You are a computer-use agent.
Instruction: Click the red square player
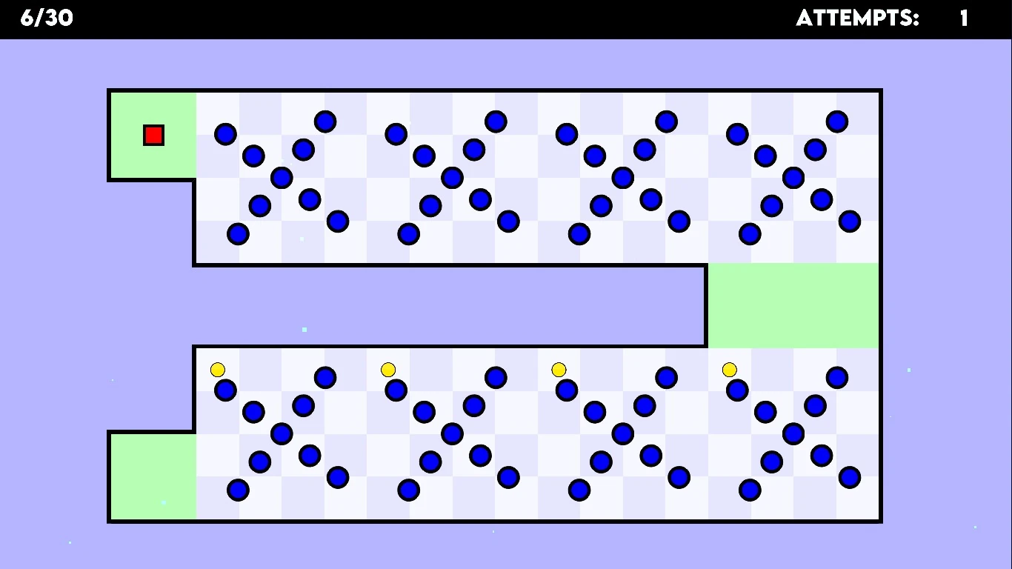[153, 135]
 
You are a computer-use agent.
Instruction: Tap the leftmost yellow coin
[218, 370]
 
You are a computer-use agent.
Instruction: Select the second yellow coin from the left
[388, 370]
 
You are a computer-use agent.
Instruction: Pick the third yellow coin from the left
[559, 370]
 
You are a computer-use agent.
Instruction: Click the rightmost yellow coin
[730, 370]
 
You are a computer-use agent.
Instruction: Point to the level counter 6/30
[47, 18]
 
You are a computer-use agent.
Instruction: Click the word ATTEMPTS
[857, 18]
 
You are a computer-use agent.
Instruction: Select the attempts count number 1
[964, 18]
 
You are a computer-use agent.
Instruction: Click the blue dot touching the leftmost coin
[225, 390]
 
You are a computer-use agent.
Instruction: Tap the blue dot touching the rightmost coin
[737, 390]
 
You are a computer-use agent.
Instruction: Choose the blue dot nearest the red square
[225, 134]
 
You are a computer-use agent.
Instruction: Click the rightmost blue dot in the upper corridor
[850, 221]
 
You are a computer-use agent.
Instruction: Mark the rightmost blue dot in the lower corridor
[850, 477]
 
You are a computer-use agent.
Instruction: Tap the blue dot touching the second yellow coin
[396, 390]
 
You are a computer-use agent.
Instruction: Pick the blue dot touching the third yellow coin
[567, 390]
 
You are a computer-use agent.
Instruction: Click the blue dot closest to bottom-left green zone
[238, 490]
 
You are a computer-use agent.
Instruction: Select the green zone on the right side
[793, 305]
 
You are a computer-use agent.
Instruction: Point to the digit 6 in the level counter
[27, 18]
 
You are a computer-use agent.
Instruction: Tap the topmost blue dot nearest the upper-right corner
[837, 122]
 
